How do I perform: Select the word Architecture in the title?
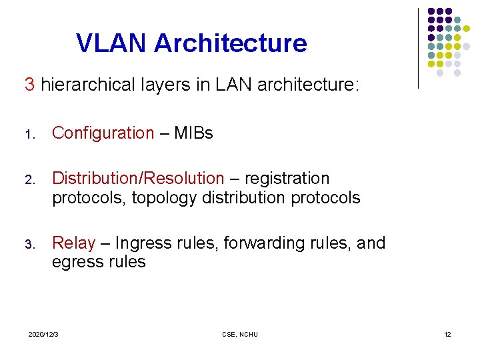(231, 43)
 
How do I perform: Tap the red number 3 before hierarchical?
(29, 85)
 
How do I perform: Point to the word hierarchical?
(81, 85)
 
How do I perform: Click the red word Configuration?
(103, 133)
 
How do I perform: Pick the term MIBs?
(193, 133)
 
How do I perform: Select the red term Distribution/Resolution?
(138, 179)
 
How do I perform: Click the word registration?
(287, 179)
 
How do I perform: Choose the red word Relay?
(73, 243)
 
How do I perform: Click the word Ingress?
(141, 243)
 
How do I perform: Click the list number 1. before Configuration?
(29, 135)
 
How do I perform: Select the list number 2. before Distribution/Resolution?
(29, 180)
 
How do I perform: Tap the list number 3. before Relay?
(29, 245)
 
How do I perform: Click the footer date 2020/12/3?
(43, 334)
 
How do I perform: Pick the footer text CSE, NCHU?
(239, 334)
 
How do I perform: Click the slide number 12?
(447, 334)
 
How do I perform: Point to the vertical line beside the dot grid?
(418, 48)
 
